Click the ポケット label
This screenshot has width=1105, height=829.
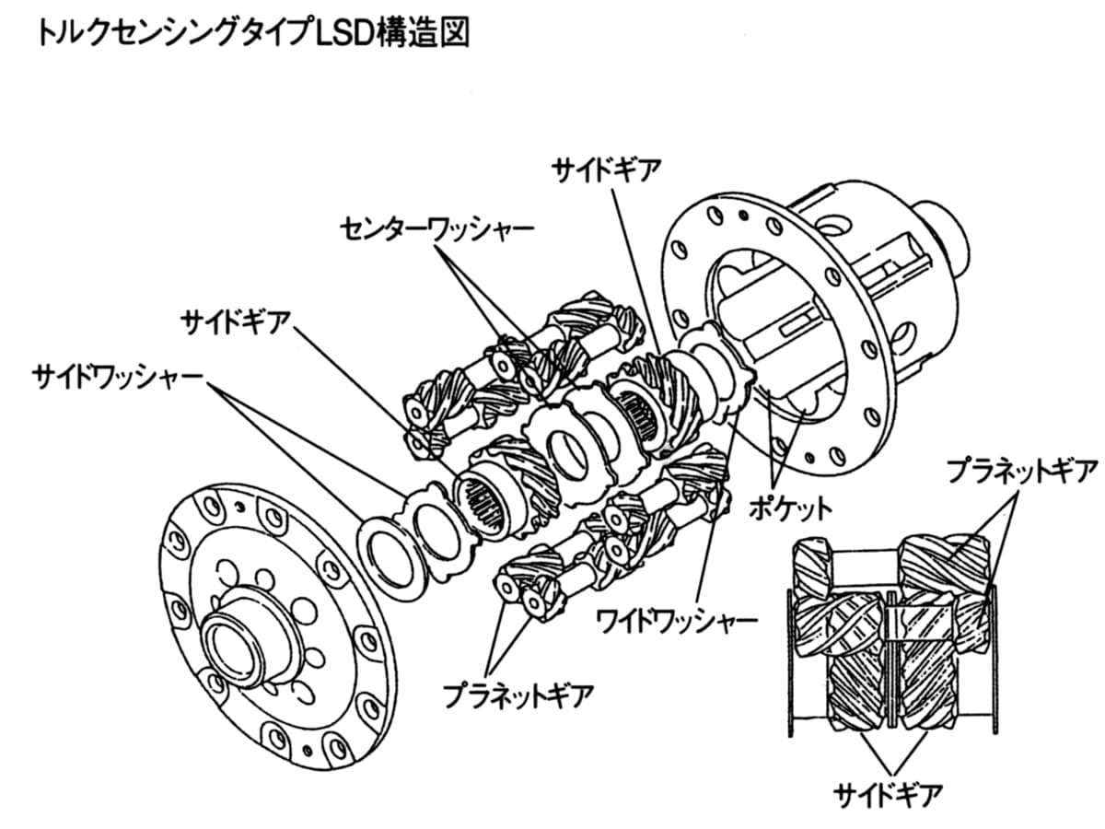coord(790,506)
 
